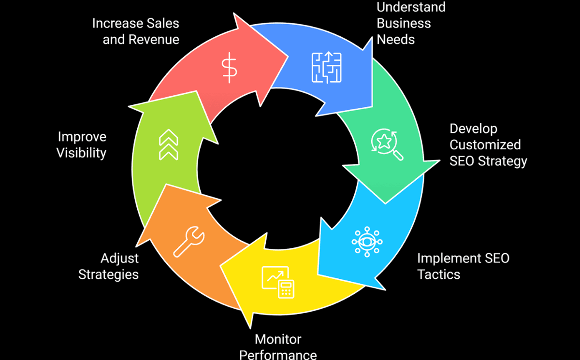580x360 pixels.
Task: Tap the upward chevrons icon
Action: [x=168, y=145]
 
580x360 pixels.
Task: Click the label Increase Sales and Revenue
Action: [x=136, y=31]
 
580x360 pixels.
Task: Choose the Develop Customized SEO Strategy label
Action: [x=488, y=145]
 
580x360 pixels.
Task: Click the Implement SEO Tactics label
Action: [x=463, y=266]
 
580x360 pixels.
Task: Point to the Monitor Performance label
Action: [x=278, y=347]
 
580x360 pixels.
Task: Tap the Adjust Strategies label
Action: [x=109, y=266]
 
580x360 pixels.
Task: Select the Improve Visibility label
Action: [x=82, y=145]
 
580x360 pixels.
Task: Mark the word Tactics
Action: [x=439, y=274]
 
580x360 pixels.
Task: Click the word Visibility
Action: [x=81, y=153]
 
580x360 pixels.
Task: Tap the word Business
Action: [x=404, y=23]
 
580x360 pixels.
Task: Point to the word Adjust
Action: [x=119, y=259]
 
